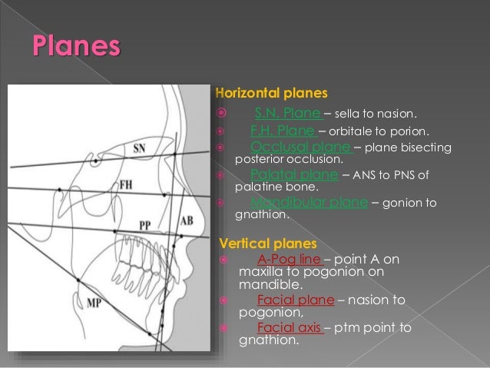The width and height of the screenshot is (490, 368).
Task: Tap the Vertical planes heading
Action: click(x=258, y=244)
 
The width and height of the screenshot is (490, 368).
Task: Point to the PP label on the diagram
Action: click(x=145, y=224)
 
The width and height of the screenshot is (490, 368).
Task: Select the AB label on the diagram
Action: click(x=186, y=220)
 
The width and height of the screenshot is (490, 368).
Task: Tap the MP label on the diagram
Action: click(x=94, y=303)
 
